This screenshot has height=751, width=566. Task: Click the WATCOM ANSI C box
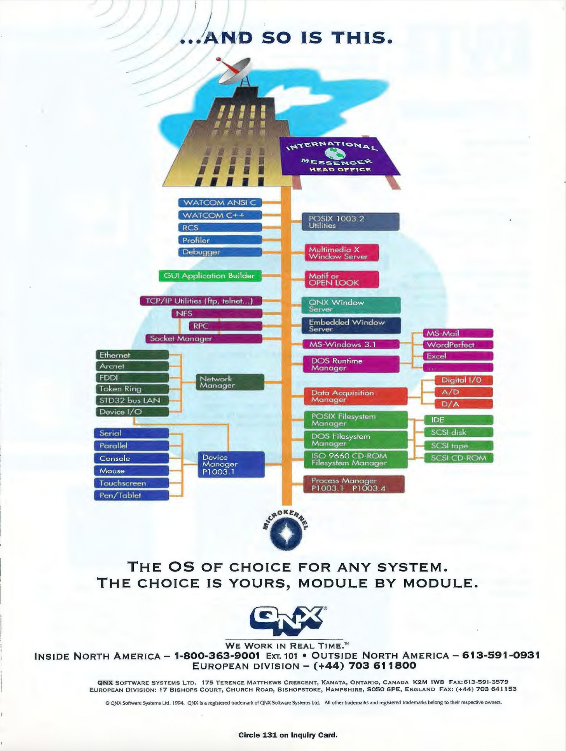[x=220, y=202]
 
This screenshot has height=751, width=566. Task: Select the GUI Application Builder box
[x=210, y=276]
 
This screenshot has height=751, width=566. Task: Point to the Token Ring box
[x=132, y=389]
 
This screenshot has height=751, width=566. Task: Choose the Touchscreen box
[x=131, y=483]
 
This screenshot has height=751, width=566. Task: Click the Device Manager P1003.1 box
[x=231, y=464]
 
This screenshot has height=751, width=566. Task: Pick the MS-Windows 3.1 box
[x=351, y=344]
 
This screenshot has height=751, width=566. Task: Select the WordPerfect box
[x=458, y=345]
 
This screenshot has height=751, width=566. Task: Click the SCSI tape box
[x=458, y=446]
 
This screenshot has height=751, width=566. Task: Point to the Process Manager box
[x=354, y=484]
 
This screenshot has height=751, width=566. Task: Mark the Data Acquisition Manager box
[x=355, y=396]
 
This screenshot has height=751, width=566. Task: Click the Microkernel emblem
[x=285, y=535]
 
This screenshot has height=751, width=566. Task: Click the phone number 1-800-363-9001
[x=217, y=656]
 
